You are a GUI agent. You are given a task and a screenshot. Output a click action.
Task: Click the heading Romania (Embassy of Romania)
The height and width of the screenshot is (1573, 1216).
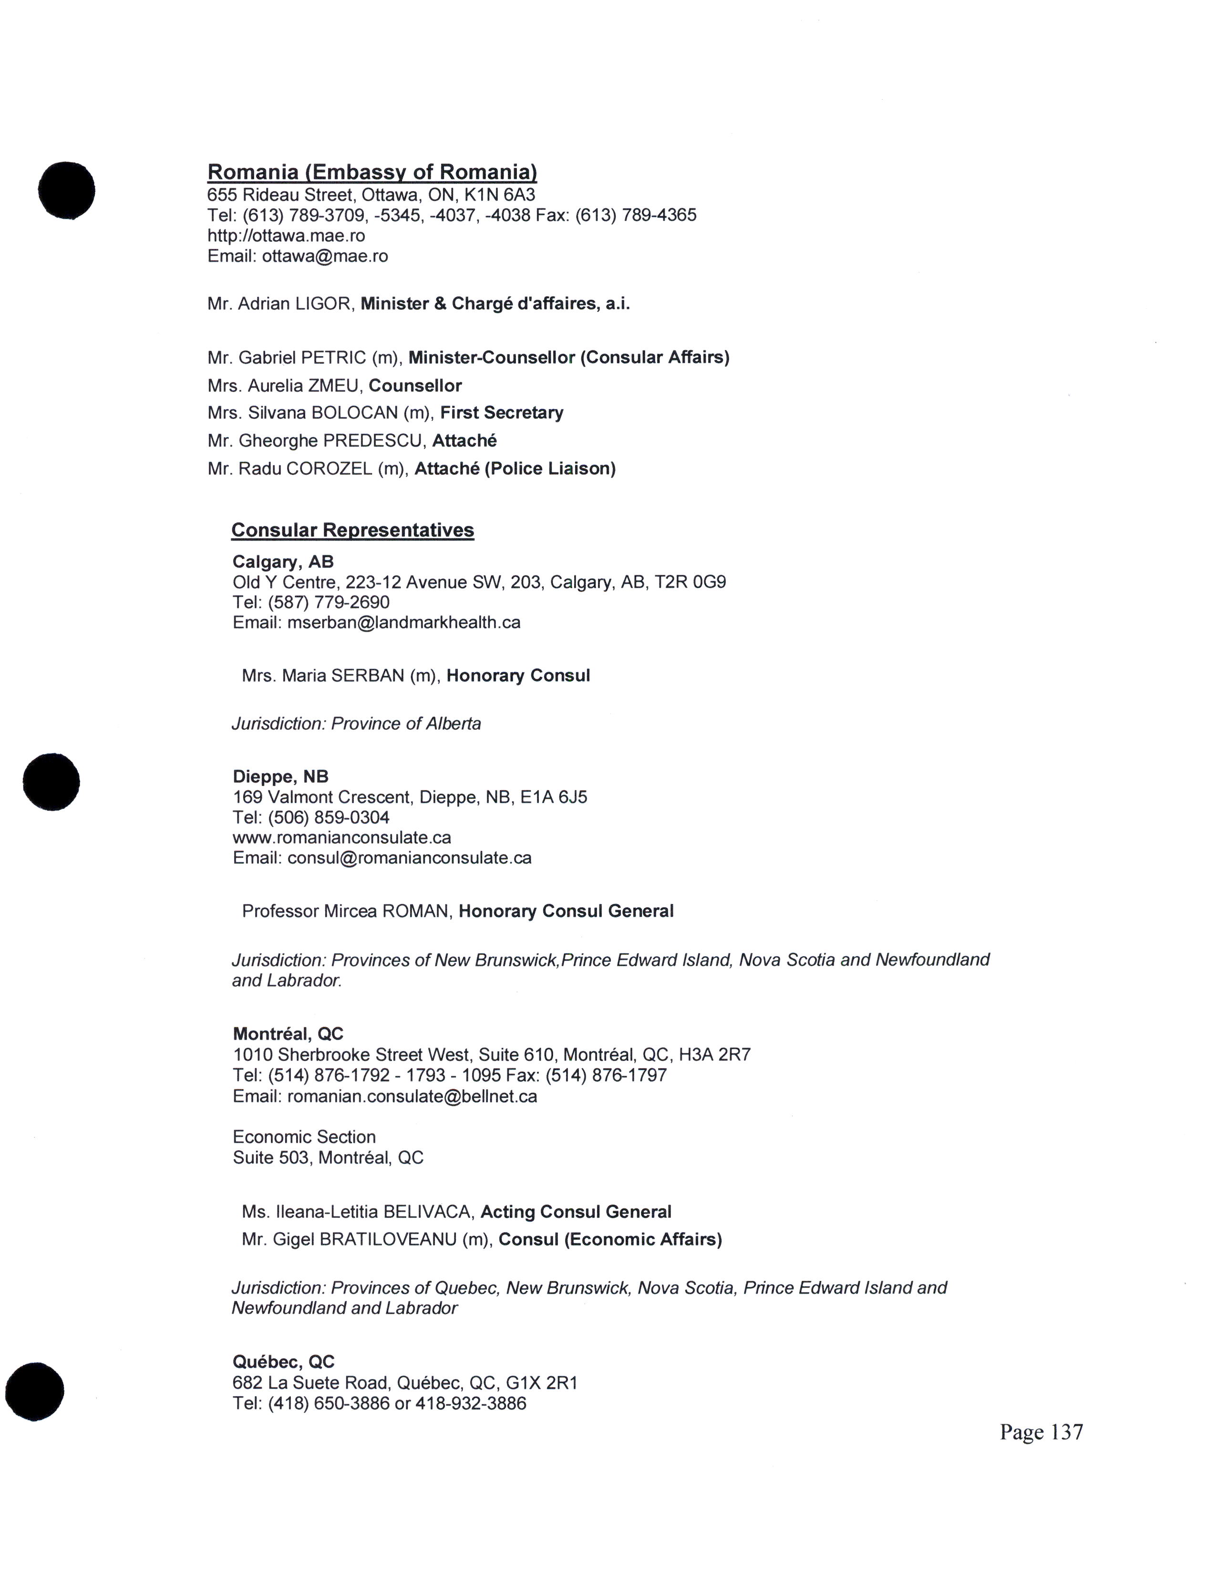[x=372, y=172]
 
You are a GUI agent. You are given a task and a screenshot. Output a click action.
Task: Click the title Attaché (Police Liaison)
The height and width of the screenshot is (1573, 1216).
[x=515, y=469]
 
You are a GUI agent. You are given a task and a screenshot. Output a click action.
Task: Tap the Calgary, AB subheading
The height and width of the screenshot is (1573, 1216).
[x=282, y=562]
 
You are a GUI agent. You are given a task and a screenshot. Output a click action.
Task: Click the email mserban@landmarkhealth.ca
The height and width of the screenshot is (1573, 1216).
[x=403, y=622]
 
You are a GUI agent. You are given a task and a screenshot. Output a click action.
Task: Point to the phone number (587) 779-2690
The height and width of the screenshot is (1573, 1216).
[x=329, y=602]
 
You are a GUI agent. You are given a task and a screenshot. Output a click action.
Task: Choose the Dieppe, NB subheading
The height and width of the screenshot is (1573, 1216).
[x=280, y=776]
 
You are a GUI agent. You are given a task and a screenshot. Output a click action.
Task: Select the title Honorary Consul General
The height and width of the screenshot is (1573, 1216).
[x=566, y=911]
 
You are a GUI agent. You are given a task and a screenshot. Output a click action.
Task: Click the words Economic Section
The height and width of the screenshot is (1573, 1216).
[x=304, y=1137]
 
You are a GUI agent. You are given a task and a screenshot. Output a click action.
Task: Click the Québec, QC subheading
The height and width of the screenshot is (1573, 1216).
[x=283, y=1362]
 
